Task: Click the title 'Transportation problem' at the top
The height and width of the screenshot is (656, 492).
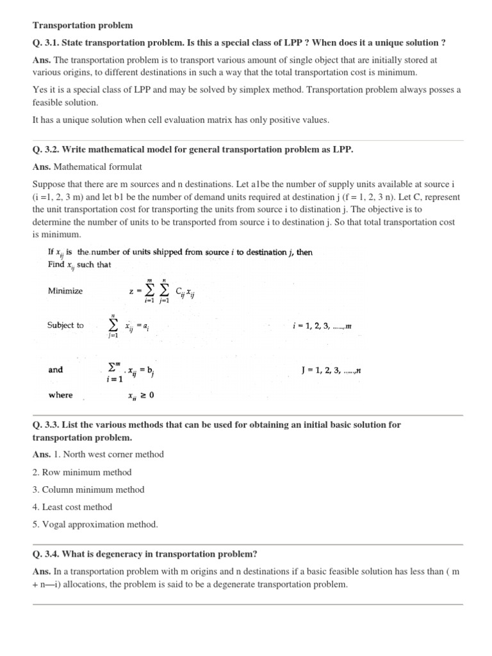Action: pyautogui.click(x=83, y=25)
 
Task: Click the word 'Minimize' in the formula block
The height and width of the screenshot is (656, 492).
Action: pyautogui.click(x=65, y=290)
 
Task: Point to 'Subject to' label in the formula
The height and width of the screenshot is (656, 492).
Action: pyautogui.click(x=65, y=325)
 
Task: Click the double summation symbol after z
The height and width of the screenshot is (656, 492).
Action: pyautogui.click(x=158, y=291)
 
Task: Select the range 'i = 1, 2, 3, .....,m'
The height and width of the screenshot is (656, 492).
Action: pyautogui.click(x=322, y=326)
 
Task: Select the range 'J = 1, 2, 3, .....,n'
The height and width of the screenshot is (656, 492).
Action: pyautogui.click(x=332, y=370)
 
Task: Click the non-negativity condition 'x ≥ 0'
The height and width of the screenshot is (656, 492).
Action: pyautogui.click(x=141, y=395)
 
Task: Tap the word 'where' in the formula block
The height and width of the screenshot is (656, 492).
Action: pyautogui.click(x=61, y=395)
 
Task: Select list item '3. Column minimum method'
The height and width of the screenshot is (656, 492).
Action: pyautogui.click(x=88, y=489)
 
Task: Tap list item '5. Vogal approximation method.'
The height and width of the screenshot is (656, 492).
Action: pyautogui.click(x=94, y=524)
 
